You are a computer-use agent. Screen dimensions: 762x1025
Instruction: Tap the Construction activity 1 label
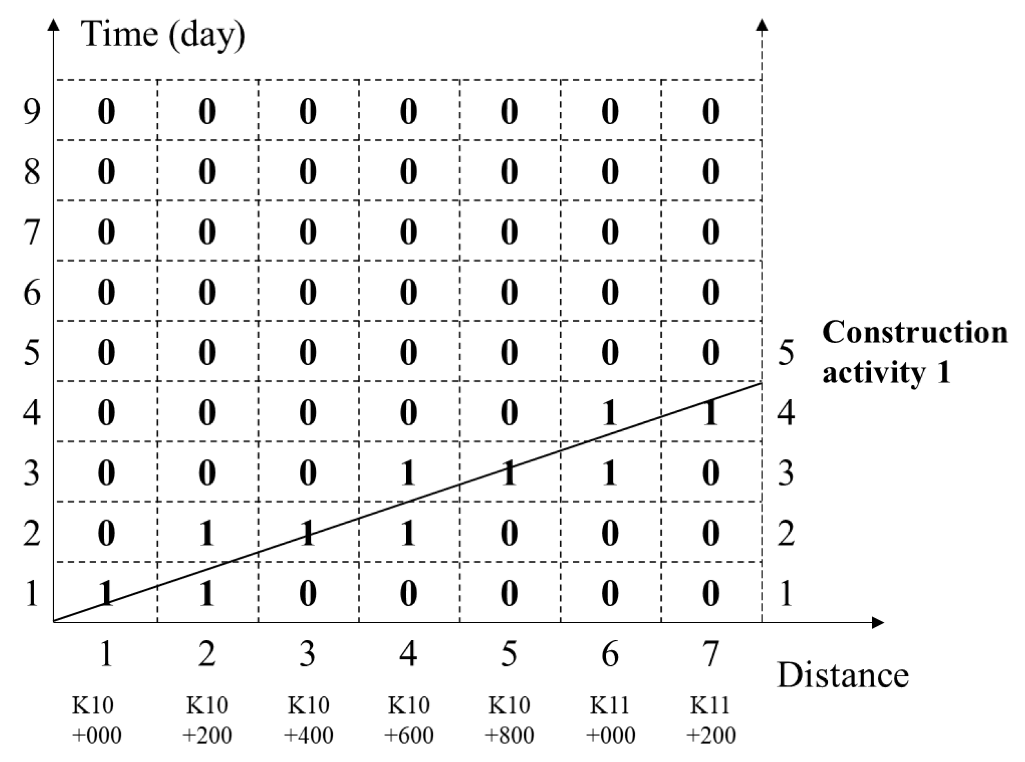coord(914,353)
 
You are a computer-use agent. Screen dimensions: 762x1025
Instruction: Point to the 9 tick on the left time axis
coord(31,111)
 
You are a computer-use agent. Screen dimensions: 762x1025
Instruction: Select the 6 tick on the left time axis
coord(31,292)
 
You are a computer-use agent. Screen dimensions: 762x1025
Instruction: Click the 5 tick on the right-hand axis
coord(786,353)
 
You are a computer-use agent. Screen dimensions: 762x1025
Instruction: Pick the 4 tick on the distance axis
coord(408,654)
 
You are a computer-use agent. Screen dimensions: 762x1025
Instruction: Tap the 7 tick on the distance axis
coord(711,654)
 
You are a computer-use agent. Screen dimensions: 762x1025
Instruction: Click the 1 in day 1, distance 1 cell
coord(106,594)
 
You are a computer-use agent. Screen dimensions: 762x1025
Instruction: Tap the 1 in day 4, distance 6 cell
coord(610,413)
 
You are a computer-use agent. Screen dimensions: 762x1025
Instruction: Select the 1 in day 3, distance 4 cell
coord(408,473)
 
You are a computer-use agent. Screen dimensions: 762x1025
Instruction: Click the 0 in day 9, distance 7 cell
coord(711,111)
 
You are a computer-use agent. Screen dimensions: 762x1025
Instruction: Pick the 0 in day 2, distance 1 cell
coord(106,534)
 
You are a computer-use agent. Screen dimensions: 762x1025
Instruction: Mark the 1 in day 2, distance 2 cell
coord(207,534)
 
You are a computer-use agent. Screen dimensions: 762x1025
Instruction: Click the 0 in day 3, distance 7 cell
coord(711,473)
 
